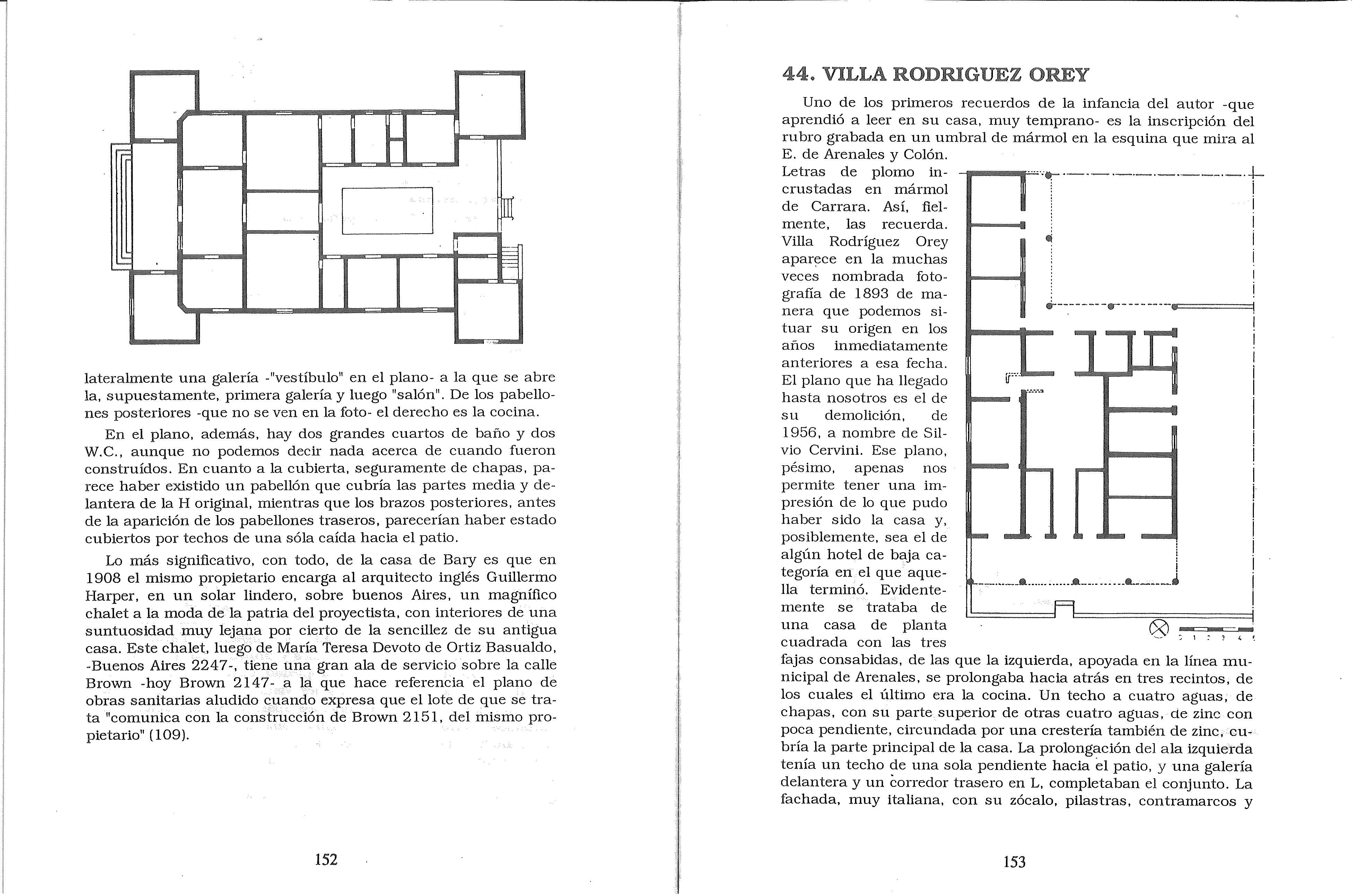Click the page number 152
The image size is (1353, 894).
(326, 860)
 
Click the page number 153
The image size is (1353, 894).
(1014, 862)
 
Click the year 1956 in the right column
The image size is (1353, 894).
(802, 433)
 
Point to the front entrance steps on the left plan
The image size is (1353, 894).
(121, 206)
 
